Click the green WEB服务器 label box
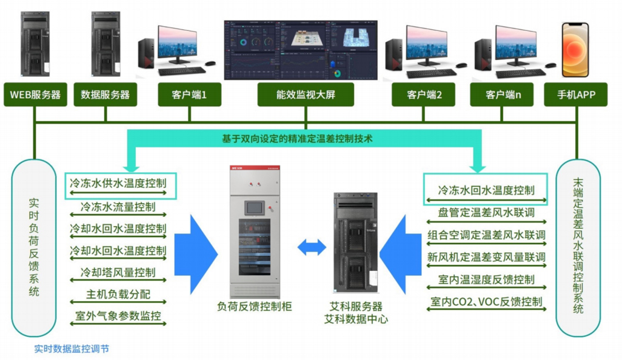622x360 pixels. click(36, 95)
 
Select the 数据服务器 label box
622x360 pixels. click(105, 95)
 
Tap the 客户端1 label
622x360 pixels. click(189, 95)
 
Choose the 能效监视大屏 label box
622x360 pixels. click(301, 95)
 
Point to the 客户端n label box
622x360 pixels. click(503, 95)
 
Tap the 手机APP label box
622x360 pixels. click(577, 95)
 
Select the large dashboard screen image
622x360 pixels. click(301, 50)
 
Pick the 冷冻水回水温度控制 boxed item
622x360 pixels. click(486, 190)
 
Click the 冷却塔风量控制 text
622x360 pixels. click(118, 272)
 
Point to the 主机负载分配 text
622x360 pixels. click(118, 295)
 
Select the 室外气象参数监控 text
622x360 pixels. click(118, 316)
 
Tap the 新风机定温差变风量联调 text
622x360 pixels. click(486, 257)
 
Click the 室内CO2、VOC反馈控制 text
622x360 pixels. click(486, 301)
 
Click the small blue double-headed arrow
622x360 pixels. click(312, 247)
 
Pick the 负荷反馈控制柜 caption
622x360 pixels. click(255, 307)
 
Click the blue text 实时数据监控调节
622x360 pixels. click(72, 348)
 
